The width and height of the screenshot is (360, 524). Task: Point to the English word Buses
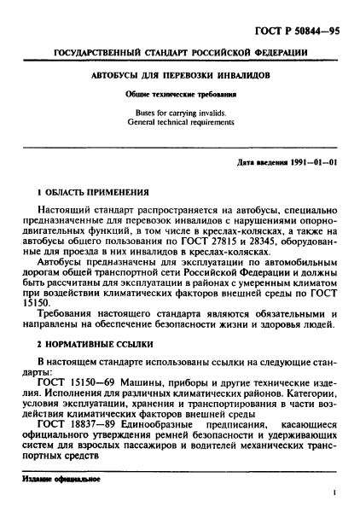pos(148,112)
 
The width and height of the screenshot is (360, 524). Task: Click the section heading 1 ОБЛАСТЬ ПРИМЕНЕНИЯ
pos(97,193)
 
